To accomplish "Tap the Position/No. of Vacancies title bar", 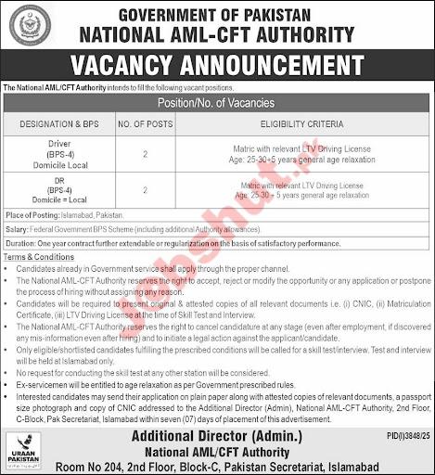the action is point(217,101).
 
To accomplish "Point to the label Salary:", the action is point(18,226).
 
